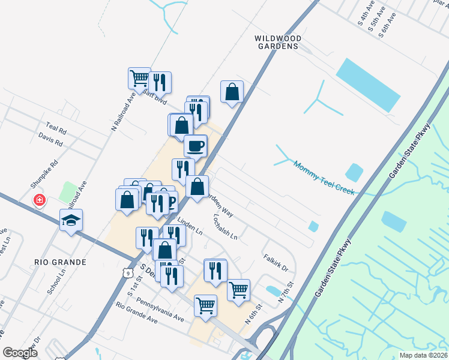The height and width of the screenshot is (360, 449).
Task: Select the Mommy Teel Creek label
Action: (x=324, y=177)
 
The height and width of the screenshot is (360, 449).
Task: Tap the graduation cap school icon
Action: (x=71, y=220)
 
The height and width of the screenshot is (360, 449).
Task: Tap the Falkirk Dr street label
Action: (x=276, y=262)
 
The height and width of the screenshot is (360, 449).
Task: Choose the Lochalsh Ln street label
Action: (x=225, y=227)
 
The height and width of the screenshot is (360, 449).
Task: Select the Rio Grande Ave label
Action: (x=136, y=313)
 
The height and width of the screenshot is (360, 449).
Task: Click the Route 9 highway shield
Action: (x=127, y=273)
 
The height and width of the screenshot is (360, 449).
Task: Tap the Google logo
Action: (x=20, y=353)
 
